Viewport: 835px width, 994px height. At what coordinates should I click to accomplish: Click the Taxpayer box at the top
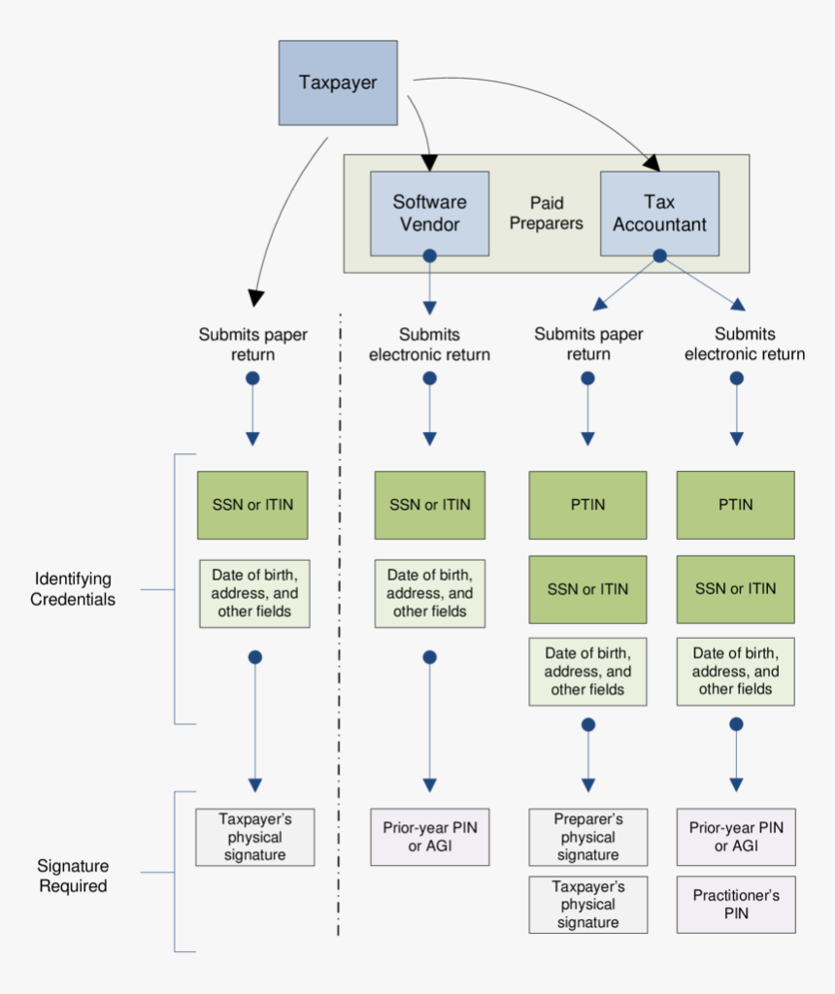[x=338, y=83]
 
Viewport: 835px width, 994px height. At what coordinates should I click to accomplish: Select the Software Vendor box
[x=429, y=214]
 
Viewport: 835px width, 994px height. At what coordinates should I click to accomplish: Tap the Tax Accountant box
[x=659, y=214]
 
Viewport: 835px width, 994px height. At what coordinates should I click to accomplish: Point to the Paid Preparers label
[x=547, y=214]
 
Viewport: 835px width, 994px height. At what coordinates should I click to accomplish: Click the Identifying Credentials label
[x=73, y=589]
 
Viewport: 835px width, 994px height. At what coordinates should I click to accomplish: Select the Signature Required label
[x=73, y=876]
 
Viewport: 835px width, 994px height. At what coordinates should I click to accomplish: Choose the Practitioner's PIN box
[x=735, y=905]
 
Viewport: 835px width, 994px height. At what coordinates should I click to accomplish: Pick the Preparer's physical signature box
[x=587, y=837]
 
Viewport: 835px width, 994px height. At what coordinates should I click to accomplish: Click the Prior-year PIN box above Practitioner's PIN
[x=735, y=837]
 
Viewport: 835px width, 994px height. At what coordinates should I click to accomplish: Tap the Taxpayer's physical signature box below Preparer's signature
[x=587, y=905]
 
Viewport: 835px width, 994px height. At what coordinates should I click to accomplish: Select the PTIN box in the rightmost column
[x=735, y=505]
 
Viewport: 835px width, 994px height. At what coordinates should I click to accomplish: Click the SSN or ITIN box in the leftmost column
[x=252, y=505]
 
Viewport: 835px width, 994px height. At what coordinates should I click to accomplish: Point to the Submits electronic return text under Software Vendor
[x=429, y=345]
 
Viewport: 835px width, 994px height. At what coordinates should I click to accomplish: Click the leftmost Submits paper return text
[x=252, y=345]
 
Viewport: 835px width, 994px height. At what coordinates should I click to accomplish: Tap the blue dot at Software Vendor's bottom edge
[x=429, y=255]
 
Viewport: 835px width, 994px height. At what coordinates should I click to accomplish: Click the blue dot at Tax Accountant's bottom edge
[x=659, y=255]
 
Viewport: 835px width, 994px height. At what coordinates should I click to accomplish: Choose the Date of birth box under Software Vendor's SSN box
[x=429, y=593]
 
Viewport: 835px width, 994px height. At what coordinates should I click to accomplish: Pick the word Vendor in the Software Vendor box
[x=429, y=225]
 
